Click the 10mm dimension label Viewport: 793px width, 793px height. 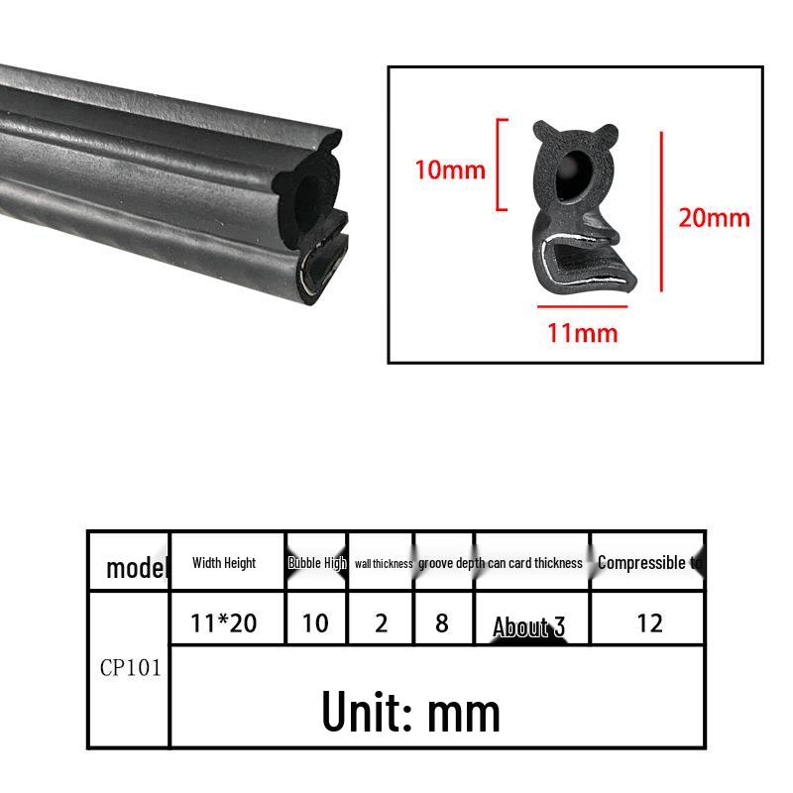[450, 170]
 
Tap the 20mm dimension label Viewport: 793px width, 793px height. [714, 217]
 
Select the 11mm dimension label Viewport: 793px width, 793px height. [582, 332]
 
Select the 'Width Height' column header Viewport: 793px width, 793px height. [224, 563]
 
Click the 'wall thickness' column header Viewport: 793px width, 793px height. [383, 563]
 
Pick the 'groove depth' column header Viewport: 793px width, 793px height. [450, 563]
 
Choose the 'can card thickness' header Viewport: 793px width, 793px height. [535, 563]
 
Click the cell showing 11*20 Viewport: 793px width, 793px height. [224, 623]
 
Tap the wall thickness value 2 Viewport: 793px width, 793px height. [383, 623]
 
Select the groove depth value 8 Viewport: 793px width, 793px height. [442, 623]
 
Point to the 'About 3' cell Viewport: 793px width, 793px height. [529, 626]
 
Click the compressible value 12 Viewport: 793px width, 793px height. [649, 623]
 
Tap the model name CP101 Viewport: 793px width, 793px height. [130, 667]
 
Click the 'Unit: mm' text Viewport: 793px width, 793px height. [410, 710]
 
